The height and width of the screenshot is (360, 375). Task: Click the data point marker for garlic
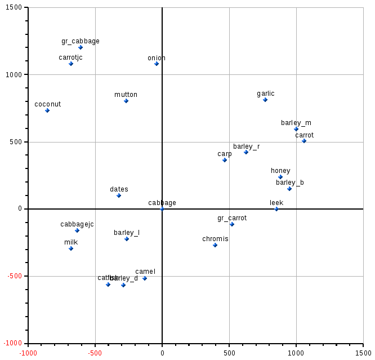pyautogui.click(x=265, y=100)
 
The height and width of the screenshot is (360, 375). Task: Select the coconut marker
pyautogui.click(x=47, y=110)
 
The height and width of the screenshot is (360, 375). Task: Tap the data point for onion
pyautogui.click(x=157, y=64)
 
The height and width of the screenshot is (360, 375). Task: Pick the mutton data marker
pyautogui.click(x=126, y=101)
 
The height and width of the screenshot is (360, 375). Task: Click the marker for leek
pyautogui.click(x=276, y=209)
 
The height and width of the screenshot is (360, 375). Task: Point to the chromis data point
pyautogui.click(x=215, y=245)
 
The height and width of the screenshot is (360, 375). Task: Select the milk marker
pyautogui.click(x=71, y=248)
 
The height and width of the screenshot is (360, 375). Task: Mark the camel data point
pyautogui.click(x=145, y=278)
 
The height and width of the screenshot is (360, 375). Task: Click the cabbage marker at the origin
pyautogui.click(x=162, y=209)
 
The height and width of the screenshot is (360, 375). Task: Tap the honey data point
pyautogui.click(x=280, y=177)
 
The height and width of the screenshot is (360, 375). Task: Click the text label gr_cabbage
pyautogui.click(x=81, y=41)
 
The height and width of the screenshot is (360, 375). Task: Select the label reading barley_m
pyautogui.click(x=296, y=123)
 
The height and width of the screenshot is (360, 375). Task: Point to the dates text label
pyautogui.click(x=119, y=189)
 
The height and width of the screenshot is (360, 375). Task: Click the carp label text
pyautogui.click(x=225, y=154)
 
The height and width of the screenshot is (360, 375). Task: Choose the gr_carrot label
pyautogui.click(x=232, y=218)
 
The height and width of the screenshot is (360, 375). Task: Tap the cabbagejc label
pyautogui.click(x=77, y=224)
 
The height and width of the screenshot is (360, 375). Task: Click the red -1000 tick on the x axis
pyautogui.click(x=28, y=353)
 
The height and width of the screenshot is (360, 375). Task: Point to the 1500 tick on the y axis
pyautogui.click(x=14, y=7)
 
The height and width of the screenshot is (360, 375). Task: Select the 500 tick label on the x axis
pyautogui.click(x=229, y=353)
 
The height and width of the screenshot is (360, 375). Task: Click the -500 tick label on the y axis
pyautogui.click(x=14, y=276)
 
